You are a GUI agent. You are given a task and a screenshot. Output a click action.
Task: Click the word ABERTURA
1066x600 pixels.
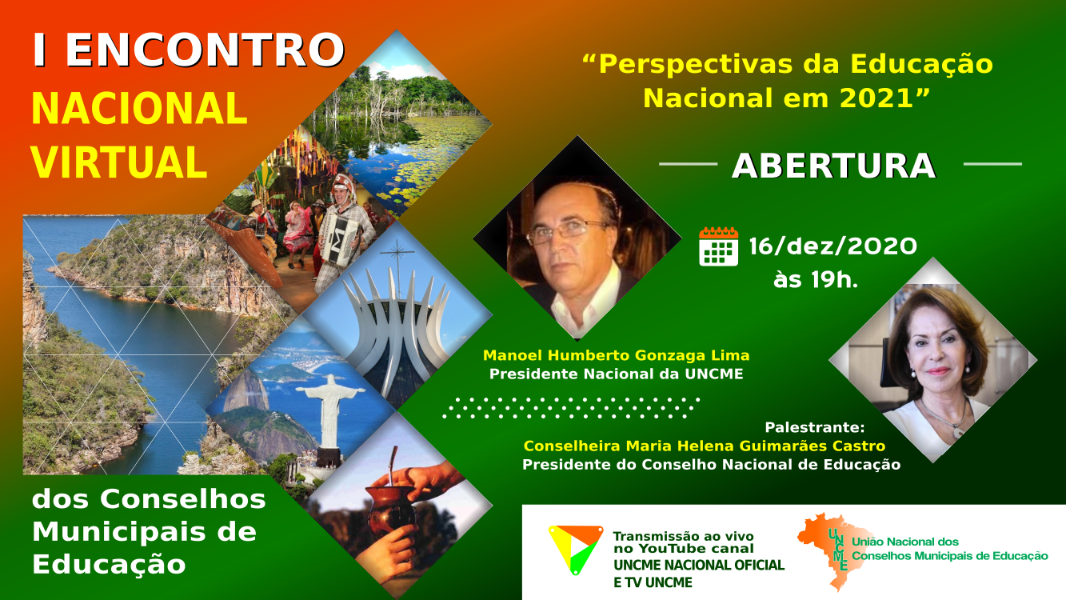click(834, 166)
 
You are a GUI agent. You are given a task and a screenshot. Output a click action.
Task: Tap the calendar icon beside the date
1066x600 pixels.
click(719, 246)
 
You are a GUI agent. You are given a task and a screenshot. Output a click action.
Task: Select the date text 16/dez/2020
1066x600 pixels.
click(832, 246)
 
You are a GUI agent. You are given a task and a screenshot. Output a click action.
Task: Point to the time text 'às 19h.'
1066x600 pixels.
click(816, 279)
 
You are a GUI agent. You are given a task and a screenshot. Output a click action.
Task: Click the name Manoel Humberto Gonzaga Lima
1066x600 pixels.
click(617, 356)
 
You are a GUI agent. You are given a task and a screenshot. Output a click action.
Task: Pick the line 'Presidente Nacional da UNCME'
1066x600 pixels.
click(617, 374)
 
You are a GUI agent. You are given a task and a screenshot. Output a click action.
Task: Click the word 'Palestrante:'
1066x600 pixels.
click(815, 428)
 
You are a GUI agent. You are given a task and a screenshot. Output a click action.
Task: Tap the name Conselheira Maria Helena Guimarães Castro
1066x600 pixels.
click(705, 446)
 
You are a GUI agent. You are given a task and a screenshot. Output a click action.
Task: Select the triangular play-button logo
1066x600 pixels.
click(576, 549)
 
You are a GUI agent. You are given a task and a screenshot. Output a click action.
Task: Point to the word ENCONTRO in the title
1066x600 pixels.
click(205, 50)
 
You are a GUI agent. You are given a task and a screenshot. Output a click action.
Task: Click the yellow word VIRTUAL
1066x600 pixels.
click(119, 162)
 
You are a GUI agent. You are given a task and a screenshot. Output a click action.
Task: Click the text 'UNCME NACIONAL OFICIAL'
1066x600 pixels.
click(699, 566)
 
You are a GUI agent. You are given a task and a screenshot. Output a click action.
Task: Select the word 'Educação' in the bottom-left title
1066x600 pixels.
click(109, 566)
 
